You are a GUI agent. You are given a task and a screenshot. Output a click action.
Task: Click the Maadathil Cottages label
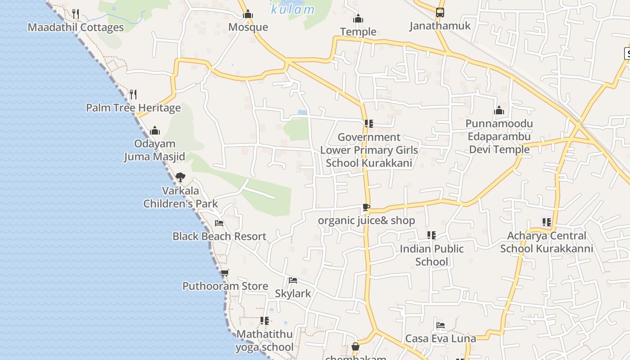76,27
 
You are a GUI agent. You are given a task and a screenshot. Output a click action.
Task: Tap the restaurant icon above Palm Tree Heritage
133,94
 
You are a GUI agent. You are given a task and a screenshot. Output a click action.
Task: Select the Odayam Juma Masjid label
154,150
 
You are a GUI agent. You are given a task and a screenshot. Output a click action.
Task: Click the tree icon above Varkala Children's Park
180,177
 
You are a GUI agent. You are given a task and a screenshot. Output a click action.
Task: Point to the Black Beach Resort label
219,236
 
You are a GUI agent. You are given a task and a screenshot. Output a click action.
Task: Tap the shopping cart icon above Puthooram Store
225,273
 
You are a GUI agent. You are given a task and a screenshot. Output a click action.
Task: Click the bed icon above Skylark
293,280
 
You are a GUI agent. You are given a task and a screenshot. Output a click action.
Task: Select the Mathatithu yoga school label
265,341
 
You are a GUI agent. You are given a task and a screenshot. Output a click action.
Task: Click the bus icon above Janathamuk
440,13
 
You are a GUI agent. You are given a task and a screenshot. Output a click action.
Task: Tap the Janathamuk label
440,26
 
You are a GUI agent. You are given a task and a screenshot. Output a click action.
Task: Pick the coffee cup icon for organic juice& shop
366,207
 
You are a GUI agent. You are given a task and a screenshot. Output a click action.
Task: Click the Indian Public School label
432,255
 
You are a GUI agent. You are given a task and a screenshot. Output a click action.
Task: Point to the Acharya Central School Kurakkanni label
547,242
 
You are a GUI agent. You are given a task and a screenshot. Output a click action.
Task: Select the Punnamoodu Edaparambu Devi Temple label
499,136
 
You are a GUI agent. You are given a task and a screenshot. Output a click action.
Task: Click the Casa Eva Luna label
441,338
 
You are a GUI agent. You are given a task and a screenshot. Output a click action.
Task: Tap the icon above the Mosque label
248,14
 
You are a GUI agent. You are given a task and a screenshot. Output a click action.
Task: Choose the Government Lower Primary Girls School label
369,150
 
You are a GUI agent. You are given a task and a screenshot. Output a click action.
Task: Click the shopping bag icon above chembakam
355,347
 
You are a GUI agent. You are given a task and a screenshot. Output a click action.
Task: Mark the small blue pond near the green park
302,112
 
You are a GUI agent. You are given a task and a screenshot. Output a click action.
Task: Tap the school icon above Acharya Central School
547,222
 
